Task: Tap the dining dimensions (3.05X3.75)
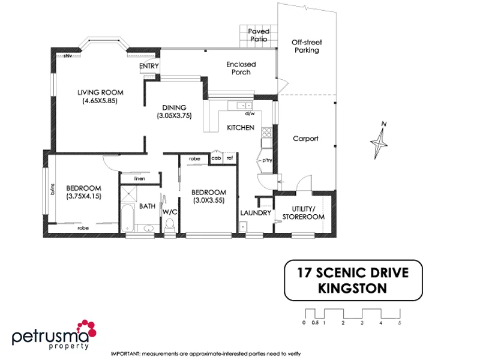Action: pyautogui.click(x=174, y=116)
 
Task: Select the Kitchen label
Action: pyautogui.click(x=241, y=128)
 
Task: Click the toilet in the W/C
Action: pyautogui.click(x=170, y=224)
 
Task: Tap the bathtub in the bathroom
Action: pyautogui.click(x=127, y=219)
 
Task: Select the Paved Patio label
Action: pyautogui.click(x=259, y=35)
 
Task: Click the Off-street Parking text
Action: pyautogui.click(x=305, y=47)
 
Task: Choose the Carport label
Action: pyautogui.click(x=305, y=139)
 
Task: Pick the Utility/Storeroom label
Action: pyautogui.click(x=304, y=212)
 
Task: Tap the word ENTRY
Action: pyautogui.click(x=148, y=66)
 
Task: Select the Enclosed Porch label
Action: pyautogui.click(x=241, y=68)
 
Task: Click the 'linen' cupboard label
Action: pyautogui.click(x=140, y=178)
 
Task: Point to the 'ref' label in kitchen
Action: pyautogui.click(x=229, y=158)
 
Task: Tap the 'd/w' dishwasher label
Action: pyautogui.click(x=250, y=113)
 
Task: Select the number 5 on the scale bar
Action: pyautogui.click(x=399, y=323)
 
